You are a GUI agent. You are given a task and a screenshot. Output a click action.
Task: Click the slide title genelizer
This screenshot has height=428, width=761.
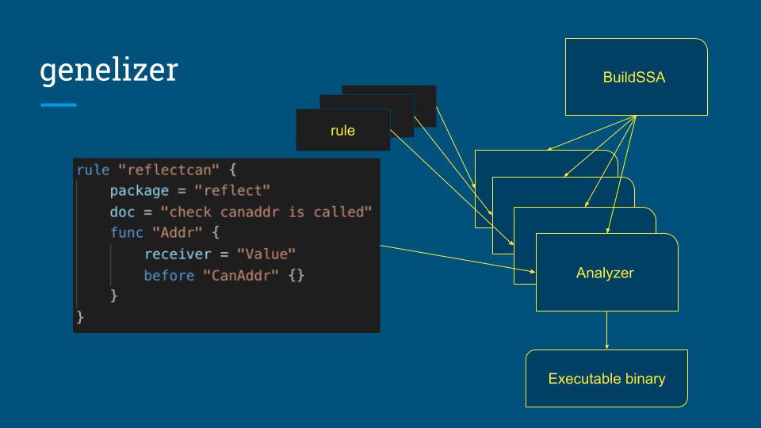point(109,71)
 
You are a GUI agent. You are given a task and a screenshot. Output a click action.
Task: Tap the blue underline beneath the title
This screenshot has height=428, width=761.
point(59,105)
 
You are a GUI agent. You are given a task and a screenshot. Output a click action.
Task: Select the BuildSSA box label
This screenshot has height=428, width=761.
point(634,78)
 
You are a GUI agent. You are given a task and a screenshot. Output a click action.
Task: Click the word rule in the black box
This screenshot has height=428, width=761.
point(342,130)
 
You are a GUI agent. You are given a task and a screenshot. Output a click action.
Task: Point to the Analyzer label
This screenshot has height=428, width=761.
point(605,273)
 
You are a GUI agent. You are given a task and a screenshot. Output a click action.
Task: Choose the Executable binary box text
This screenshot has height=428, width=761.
point(606,379)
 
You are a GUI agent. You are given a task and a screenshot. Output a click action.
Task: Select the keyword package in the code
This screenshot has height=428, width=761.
point(140,191)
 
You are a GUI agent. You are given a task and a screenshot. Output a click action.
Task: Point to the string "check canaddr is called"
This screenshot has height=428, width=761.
point(266,212)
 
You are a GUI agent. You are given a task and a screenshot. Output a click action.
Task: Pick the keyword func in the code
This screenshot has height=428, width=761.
point(127,233)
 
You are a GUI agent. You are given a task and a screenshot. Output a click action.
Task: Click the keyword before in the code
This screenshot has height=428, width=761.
point(169,275)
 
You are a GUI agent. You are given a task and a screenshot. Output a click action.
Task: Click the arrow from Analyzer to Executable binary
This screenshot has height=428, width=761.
point(607,330)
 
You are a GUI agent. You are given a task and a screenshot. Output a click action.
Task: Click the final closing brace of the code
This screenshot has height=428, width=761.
point(80,317)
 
